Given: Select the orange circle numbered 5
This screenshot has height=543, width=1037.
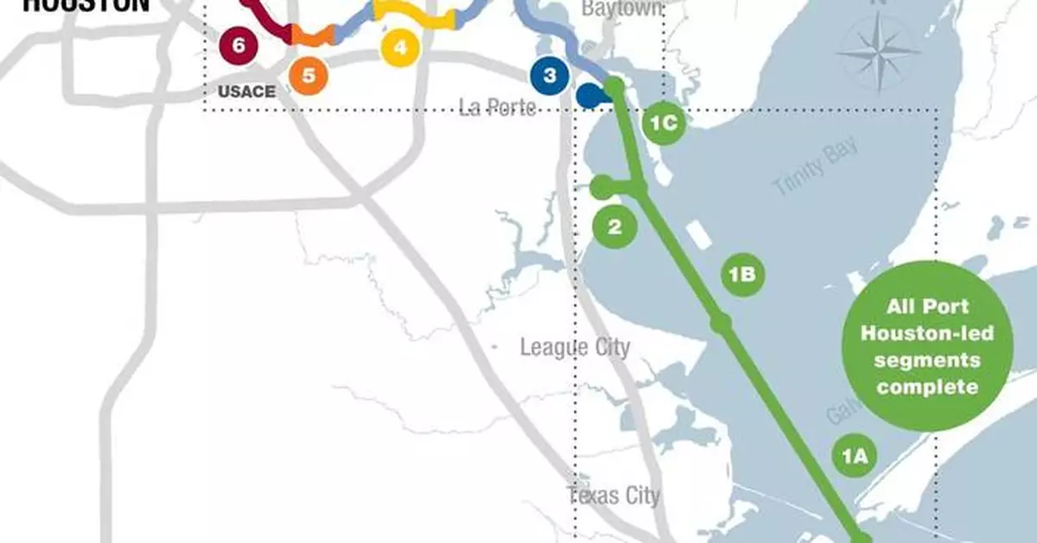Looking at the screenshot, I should pyautogui.click(x=309, y=75).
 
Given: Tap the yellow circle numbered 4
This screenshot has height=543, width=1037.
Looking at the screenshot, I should pyautogui.click(x=399, y=47).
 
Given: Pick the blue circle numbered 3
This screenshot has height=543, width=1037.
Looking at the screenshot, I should pyautogui.click(x=550, y=75).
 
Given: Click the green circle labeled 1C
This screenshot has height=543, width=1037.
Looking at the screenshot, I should pyautogui.click(x=664, y=123).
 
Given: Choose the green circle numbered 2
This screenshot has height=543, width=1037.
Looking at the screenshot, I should pyautogui.click(x=614, y=227).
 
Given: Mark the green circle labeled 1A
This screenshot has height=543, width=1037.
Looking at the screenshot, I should pyautogui.click(x=854, y=455).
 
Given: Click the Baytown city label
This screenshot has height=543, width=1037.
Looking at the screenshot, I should pyautogui.click(x=622, y=9).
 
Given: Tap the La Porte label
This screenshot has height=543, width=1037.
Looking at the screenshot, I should pyautogui.click(x=498, y=107).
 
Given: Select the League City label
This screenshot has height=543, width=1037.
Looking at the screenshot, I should pyautogui.click(x=575, y=347).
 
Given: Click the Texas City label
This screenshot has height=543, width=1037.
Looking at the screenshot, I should pyautogui.click(x=614, y=496).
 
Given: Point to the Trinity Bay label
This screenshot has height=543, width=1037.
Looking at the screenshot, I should pyautogui.click(x=816, y=166).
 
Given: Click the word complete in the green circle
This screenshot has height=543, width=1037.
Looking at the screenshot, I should pyautogui.click(x=928, y=386).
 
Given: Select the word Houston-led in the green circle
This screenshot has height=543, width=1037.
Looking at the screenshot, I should pyautogui.click(x=928, y=333).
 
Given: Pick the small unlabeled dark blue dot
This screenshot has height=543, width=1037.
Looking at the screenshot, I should pyautogui.click(x=589, y=95).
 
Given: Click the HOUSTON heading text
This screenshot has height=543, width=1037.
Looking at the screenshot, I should pyautogui.click(x=86, y=5).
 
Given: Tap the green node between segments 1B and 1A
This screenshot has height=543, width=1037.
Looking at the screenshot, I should pyautogui.click(x=722, y=323).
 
